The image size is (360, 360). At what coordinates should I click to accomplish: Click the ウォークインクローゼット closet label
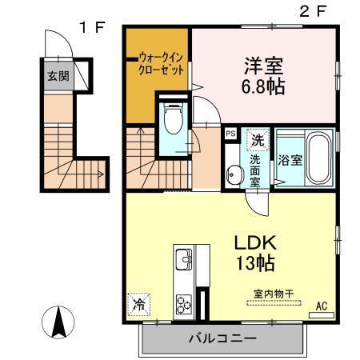click(x=162, y=63)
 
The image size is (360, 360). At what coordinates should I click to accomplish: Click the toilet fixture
click(x=170, y=121)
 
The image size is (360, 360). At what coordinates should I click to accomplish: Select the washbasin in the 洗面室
click(x=234, y=174)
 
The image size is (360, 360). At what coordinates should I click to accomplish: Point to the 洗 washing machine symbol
click(x=258, y=140)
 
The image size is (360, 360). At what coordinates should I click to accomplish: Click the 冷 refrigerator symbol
click(x=138, y=304)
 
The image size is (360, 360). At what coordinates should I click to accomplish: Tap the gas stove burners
click(x=184, y=304)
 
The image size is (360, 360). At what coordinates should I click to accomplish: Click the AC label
click(x=322, y=306)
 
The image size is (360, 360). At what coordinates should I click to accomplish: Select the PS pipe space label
click(x=231, y=134)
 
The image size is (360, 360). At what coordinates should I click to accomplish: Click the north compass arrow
click(x=58, y=322)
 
